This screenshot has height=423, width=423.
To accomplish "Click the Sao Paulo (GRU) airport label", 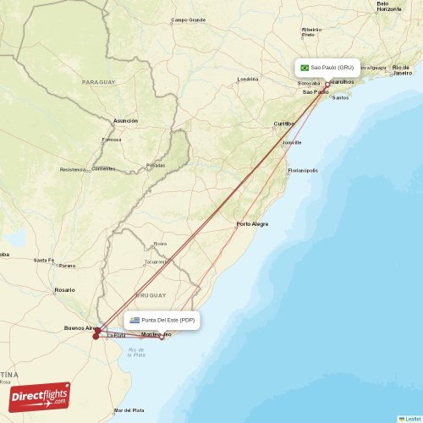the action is pyautogui.click(x=332, y=68).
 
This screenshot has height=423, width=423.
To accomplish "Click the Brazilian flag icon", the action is pyautogui.click(x=305, y=68).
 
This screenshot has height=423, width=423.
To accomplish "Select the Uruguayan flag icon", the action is pyautogui.click(x=135, y=320).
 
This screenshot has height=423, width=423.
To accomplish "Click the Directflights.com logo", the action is pyautogui.click(x=41, y=396).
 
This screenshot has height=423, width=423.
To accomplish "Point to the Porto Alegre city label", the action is pyautogui.click(x=252, y=223).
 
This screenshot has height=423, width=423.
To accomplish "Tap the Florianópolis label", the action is pyautogui.click(x=302, y=170).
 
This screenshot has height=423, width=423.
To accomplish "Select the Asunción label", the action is pyautogui.click(x=125, y=120).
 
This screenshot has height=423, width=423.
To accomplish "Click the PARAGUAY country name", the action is pyautogui.click(x=98, y=82).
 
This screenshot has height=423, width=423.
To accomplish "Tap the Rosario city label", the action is pyautogui.click(x=64, y=289).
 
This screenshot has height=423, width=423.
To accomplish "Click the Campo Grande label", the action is pyautogui.click(x=188, y=19).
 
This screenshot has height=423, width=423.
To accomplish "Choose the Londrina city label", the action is pyautogui.click(x=248, y=79).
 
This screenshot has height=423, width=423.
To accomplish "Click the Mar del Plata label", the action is pyautogui.click(x=129, y=410).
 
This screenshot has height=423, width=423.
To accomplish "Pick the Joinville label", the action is pyautogui.click(x=292, y=142).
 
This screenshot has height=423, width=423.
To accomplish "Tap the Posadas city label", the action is pyautogui.click(x=156, y=165).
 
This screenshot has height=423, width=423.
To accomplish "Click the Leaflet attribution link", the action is pyautogui.click(x=413, y=418).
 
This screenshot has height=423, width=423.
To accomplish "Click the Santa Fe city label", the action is pyautogui.click(x=43, y=260).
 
